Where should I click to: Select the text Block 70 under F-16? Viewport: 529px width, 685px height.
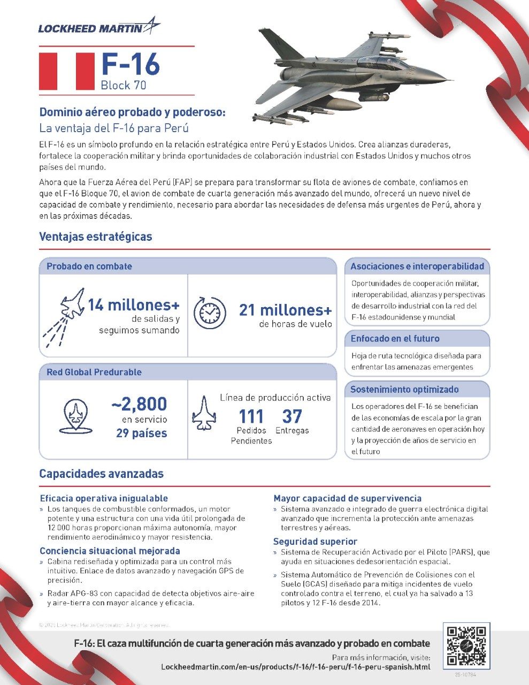pyautogui.click(x=123, y=85)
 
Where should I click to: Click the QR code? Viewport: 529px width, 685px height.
pyautogui.click(x=466, y=646)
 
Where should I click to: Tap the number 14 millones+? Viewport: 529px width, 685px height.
pyautogui.click(x=134, y=305)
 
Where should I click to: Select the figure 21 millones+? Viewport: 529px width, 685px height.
pyautogui.click(x=285, y=310)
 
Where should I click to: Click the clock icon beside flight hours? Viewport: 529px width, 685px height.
pyautogui.click(x=210, y=313)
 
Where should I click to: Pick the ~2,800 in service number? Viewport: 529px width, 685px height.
pyautogui.click(x=140, y=404)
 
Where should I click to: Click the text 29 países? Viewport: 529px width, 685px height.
pyautogui.click(x=142, y=433)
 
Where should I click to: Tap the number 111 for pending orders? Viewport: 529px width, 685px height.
pyautogui.click(x=251, y=416)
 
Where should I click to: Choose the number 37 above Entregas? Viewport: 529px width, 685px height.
pyautogui.click(x=292, y=416)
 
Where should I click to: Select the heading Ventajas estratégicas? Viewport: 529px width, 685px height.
pyautogui.click(x=96, y=237)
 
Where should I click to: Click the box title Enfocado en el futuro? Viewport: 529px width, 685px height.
pyautogui.click(x=395, y=339)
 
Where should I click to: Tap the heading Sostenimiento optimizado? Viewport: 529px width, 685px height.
pyautogui.click(x=404, y=390)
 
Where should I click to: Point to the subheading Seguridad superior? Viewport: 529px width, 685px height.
pyautogui.click(x=315, y=541)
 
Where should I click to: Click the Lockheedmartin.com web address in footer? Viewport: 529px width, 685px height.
pyautogui.click(x=295, y=667)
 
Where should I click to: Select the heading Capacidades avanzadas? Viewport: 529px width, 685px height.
pyautogui.click(x=101, y=474)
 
